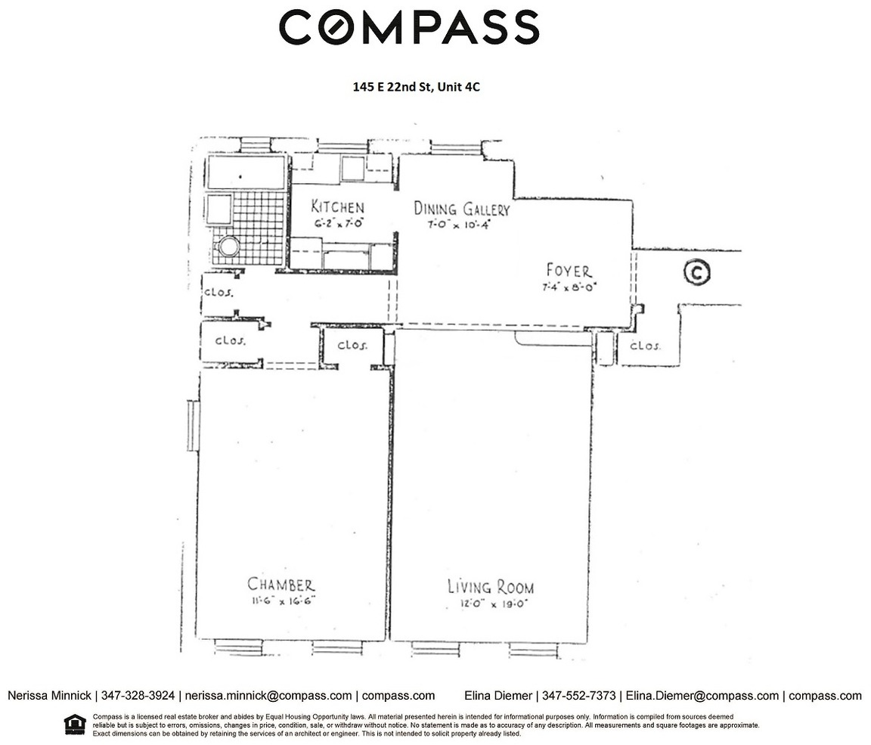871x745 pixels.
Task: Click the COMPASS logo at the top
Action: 409,26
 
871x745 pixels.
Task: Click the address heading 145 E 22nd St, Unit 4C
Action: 416,87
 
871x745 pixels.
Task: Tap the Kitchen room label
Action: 338,206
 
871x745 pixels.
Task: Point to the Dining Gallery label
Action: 462,209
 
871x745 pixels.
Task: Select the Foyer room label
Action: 569,271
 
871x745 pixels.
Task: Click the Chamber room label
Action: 281,585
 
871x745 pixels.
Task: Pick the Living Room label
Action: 491,587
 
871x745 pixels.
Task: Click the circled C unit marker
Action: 697,272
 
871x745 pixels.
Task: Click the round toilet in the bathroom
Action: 228,246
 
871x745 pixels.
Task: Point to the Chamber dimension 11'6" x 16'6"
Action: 283,601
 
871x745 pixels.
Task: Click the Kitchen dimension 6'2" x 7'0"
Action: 338,223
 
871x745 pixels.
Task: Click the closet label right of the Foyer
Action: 645,346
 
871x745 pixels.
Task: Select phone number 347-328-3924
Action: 138,696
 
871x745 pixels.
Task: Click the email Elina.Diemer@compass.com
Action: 702,696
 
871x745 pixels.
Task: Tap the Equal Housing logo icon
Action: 75,724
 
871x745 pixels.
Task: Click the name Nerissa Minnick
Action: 49,696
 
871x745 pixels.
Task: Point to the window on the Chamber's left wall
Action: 192,426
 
